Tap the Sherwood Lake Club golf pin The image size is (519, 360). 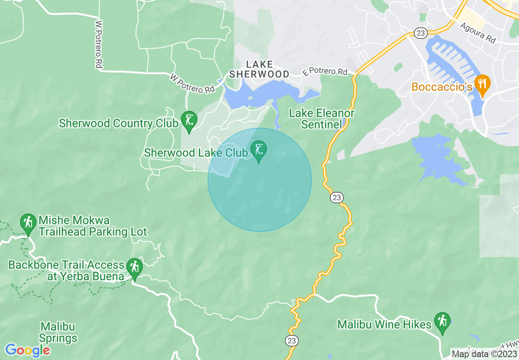259,151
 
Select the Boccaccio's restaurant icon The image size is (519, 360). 482,85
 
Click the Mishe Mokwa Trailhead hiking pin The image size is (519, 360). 28,223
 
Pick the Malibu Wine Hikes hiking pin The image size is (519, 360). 442,322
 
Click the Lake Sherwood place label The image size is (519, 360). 259,69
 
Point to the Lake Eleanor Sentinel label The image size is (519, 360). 322,119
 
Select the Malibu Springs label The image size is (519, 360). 59,333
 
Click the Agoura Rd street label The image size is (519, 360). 478,33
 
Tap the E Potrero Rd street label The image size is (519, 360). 325,72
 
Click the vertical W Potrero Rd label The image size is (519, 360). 98,45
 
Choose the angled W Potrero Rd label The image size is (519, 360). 192,83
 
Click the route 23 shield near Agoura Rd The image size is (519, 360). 420,33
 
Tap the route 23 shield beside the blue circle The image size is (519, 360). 336,198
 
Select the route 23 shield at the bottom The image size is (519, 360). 292,341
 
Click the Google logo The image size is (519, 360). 27,350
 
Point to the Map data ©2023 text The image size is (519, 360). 484,353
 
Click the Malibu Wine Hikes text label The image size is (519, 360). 384,325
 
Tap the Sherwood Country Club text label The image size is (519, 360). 119,123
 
